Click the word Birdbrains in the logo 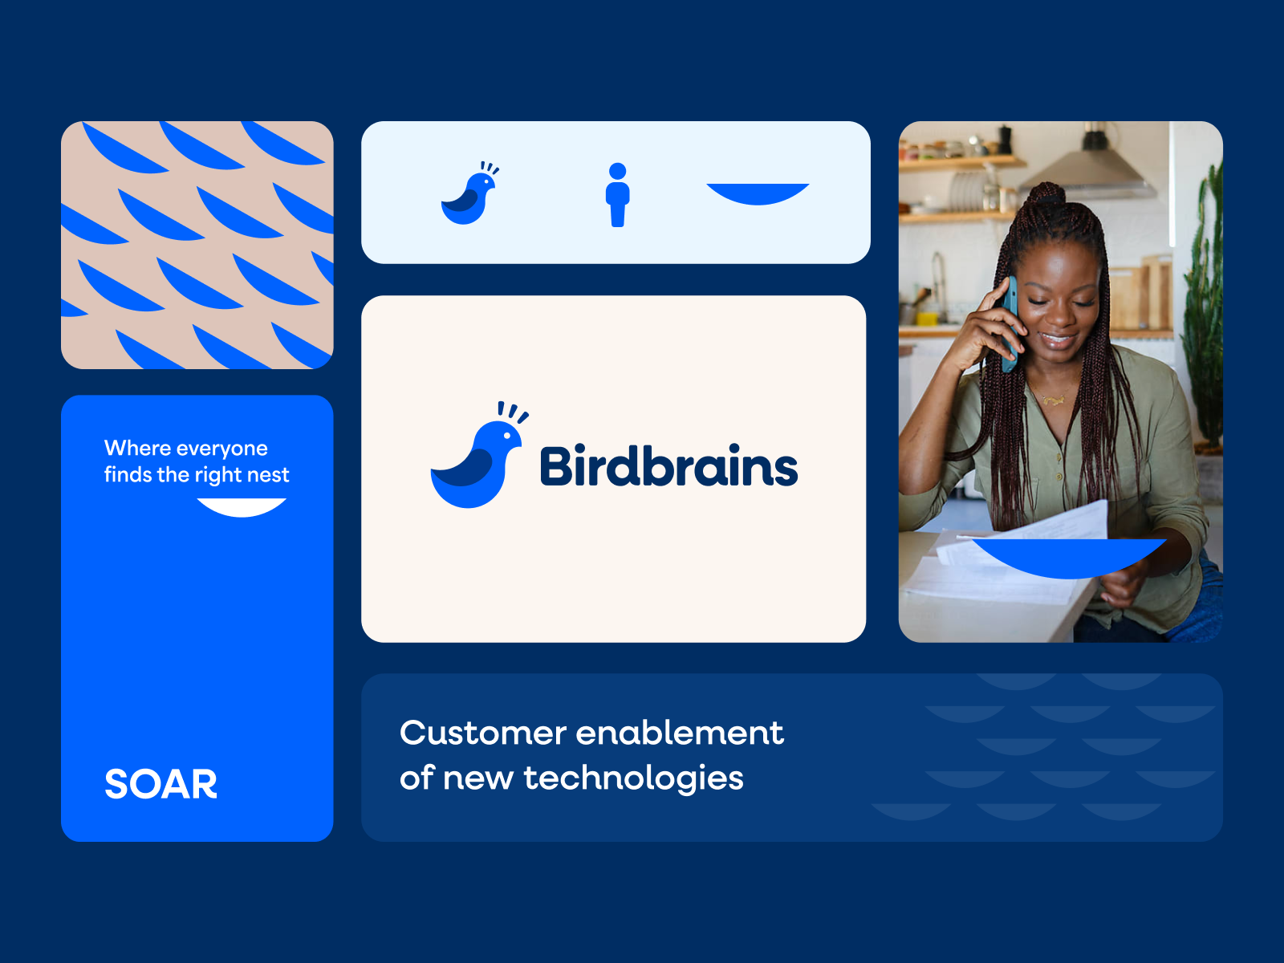[x=668, y=466]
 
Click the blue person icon [x=617, y=195]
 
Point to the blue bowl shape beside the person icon [x=758, y=193]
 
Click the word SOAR [x=160, y=784]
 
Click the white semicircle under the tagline [x=242, y=506]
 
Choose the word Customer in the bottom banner [x=483, y=733]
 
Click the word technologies [x=633, y=778]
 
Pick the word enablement [x=680, y=733]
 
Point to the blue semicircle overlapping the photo [x=1069, y=556]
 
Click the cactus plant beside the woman [x=1204, y=305]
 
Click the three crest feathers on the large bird [x=512, y=412]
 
